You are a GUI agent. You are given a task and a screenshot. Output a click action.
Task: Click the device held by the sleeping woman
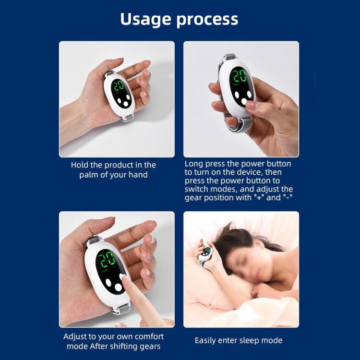(205, 253)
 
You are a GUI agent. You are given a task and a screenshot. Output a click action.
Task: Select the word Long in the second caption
(194, 164)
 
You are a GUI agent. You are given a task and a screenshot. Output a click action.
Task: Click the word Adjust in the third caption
(76, 336)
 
